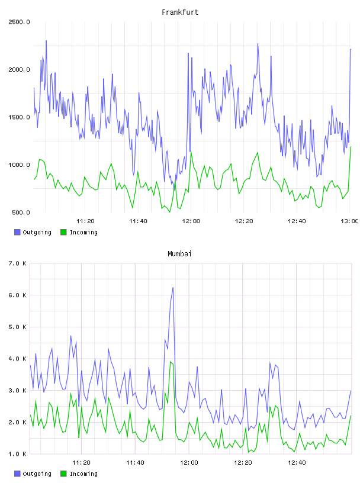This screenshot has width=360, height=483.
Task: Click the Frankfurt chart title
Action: point(180,12)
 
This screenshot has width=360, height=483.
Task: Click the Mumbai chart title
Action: point(179,254)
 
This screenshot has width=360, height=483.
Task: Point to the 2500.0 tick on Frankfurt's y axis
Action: point(19,22)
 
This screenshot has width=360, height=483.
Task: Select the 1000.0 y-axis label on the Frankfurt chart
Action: point(19,165)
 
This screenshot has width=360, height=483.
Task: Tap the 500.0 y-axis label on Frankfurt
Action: point(21,212)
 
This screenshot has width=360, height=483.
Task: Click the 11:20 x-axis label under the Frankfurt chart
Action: point(85,221)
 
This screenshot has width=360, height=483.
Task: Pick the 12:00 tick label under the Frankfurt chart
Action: point(191,221)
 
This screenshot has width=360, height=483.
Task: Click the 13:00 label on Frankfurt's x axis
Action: point(349,221)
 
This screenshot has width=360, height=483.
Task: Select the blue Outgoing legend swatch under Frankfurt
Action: point(17,232)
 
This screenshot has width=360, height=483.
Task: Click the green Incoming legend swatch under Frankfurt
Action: point(63,232)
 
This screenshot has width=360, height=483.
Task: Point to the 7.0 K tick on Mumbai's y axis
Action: point(17,263)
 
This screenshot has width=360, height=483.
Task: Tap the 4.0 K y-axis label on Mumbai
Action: point(17,359)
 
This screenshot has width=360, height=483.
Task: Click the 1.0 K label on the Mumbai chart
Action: point(17,454)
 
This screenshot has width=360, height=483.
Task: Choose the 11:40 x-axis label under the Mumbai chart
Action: point(135,463)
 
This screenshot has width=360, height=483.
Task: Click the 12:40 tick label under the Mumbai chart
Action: point(297,463)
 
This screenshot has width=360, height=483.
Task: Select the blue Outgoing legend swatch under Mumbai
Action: point(17,474)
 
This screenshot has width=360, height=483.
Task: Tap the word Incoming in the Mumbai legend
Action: point(83,474)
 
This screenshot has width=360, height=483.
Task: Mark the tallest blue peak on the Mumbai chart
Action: point(173,288)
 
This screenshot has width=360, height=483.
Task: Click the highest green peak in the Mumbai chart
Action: point(171,362)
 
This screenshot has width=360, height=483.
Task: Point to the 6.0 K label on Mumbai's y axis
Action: point(17,295)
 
